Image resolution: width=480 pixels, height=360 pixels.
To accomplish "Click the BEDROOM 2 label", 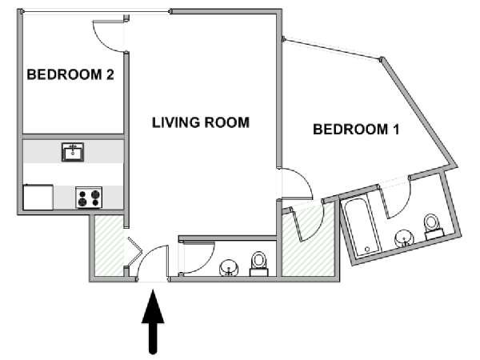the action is point(70,74).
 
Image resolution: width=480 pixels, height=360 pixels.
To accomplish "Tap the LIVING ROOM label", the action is point(201,122).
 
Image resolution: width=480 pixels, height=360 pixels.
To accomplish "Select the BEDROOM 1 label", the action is point(356,129).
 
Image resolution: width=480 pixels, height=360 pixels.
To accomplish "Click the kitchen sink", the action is point(73,152).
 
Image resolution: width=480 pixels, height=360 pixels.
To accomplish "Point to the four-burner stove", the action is point(89,198).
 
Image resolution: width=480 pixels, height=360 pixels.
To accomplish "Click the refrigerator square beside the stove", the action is point(38,197).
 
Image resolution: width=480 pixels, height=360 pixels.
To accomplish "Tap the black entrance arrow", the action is point(153,322).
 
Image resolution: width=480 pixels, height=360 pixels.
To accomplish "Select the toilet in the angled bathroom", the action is point(433,226).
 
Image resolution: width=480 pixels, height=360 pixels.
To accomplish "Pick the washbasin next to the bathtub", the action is point(404,238).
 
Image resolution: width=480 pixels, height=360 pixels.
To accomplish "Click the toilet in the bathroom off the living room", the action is point(259,263).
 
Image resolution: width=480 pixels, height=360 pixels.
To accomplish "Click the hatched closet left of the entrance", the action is point(110,245).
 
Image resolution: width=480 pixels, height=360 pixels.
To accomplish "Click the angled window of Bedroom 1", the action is point(332,48).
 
